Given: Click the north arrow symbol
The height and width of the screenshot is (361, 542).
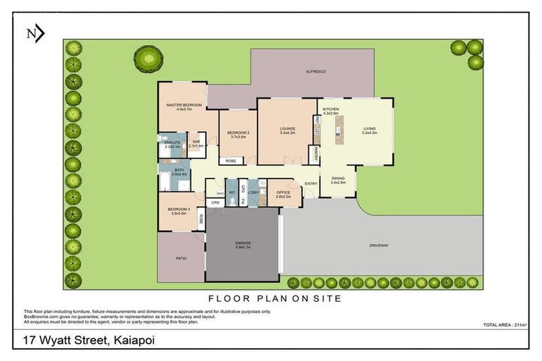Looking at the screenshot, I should tap(35, 33).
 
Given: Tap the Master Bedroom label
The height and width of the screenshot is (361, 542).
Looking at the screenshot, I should tap(184, 105).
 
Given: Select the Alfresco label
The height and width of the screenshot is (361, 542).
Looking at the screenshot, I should tap(315, 71).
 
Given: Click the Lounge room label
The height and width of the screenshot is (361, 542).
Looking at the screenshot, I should tap(287, 128).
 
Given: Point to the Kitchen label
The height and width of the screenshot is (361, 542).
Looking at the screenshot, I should tap(331, 110).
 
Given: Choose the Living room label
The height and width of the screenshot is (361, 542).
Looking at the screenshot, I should tap(370, 128).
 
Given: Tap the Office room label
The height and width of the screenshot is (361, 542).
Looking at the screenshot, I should tap(284, 192).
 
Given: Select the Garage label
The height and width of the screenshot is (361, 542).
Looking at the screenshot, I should tap(243, 243).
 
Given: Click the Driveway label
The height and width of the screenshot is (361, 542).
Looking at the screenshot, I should tap(379, 245).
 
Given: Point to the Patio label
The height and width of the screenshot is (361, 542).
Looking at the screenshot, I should tap(181, 259).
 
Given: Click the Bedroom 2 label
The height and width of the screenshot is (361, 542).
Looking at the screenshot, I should tap(237, 133).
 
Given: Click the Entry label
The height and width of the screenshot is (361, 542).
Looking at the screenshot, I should tap(311, 184).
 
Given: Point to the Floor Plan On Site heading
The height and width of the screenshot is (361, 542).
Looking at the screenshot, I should tap(275, 298).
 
